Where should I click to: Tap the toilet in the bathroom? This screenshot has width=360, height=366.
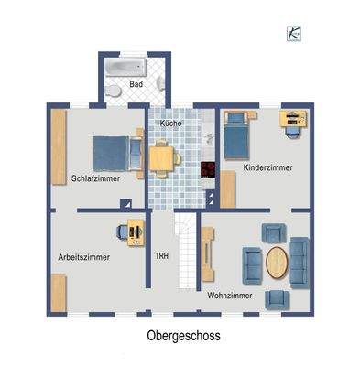pos(111,91)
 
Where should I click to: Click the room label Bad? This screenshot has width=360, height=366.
pos(136,85)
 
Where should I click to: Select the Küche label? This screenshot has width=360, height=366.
pos(170,123)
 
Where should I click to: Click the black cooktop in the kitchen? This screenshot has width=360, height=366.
pos(208,170)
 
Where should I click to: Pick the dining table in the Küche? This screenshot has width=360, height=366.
pos(163,158)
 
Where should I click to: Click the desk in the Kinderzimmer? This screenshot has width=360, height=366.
pos(293,119)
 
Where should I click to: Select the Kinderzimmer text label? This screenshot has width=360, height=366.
pos(267,168)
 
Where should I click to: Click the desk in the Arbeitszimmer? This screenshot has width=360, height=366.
pos(135,233)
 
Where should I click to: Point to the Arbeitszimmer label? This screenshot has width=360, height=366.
pos(83,257)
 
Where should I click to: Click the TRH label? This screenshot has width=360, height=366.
pos(162,256)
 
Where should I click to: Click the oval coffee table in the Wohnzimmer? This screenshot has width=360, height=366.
pos(277,261)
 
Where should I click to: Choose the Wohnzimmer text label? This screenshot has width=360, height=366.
pos(230,296)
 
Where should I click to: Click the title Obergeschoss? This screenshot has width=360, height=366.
pos(183,336)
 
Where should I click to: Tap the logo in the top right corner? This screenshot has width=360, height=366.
pos(294,32)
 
